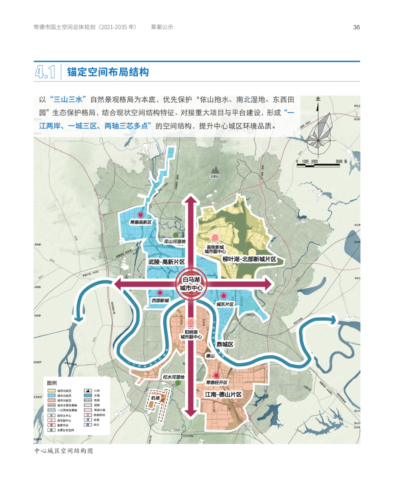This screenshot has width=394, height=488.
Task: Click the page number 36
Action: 356,27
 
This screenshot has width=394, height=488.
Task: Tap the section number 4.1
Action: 45,72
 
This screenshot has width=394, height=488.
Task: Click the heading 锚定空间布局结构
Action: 108,72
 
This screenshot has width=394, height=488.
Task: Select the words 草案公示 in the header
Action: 162,27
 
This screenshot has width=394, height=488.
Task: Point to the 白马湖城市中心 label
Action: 191,284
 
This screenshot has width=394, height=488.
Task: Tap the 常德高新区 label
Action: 141,222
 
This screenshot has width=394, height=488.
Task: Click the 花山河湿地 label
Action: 174,241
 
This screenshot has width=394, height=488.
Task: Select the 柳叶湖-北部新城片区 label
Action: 250,259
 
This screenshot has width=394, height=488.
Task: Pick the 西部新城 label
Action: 160,300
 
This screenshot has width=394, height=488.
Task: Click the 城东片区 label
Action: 225,304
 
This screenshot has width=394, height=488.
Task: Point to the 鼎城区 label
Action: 225,344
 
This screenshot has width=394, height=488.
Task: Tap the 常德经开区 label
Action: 217,382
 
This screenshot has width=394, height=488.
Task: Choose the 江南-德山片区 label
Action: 223,394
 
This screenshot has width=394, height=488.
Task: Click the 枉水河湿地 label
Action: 174,377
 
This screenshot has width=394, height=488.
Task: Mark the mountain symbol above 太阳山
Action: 215,170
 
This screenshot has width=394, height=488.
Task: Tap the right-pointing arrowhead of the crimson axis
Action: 269,284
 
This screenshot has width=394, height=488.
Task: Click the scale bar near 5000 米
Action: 318,165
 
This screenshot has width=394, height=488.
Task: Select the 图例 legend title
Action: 52,383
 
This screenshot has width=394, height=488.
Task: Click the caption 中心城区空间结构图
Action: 64,451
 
